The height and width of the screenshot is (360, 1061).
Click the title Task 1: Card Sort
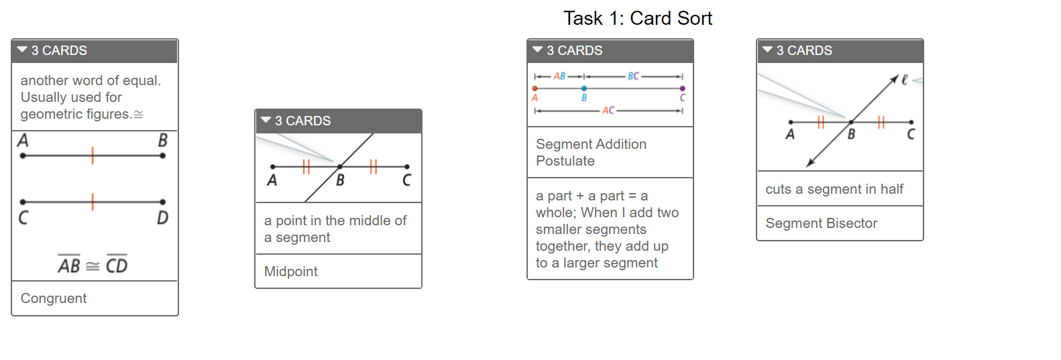point(638,19)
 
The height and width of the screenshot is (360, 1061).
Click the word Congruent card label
point(54,298)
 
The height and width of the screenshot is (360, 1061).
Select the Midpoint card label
point(291,272)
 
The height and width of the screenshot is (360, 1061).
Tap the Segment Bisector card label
point(822,223)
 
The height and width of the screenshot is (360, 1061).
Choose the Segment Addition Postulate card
point(591,152)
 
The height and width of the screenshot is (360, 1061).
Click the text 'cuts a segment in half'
point(834,189)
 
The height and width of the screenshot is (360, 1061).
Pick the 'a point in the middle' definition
point(335,229)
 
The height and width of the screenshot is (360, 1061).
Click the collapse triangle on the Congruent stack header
point(21,50)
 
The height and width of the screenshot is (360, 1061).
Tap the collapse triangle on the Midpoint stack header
point(266,120)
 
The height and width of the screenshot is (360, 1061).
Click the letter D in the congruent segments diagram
point(162,218)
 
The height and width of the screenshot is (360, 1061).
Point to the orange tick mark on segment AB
point(93,156)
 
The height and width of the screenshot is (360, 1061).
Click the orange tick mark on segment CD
point(93,202)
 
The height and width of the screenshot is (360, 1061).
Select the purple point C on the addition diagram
point(682,88)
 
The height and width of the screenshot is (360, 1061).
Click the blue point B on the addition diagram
point(584,88)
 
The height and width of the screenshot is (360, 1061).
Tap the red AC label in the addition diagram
point(608,111)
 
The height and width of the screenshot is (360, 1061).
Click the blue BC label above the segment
point(633,76)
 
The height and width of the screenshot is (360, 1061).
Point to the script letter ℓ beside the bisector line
point(904,80)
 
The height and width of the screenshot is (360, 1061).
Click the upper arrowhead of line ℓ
point(894,78)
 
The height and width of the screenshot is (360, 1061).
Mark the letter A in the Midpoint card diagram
point(272,180)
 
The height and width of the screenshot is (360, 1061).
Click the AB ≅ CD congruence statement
point(93,264)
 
